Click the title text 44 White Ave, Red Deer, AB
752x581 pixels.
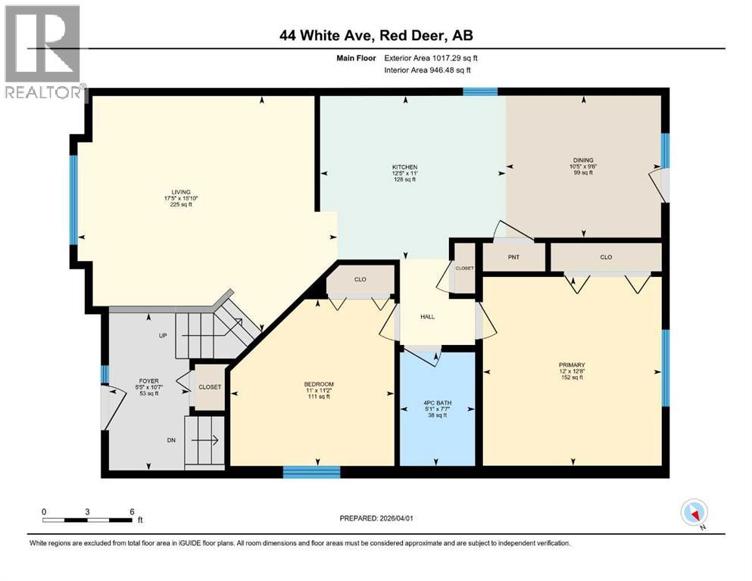pos(376,36)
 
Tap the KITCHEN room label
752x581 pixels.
pos(404,167)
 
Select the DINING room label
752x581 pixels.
pos(582,160)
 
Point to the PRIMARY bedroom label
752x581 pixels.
pos(572,364)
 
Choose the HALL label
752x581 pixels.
pos(428,316)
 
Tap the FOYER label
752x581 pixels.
pos(148,381)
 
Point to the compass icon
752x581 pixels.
pos(694,513)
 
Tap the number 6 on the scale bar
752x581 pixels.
pos(132,511)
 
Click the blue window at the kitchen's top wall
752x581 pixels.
pos(480,92)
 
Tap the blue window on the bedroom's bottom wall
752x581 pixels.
pos(311,473)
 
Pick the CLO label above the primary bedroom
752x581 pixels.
pos(606,257)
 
